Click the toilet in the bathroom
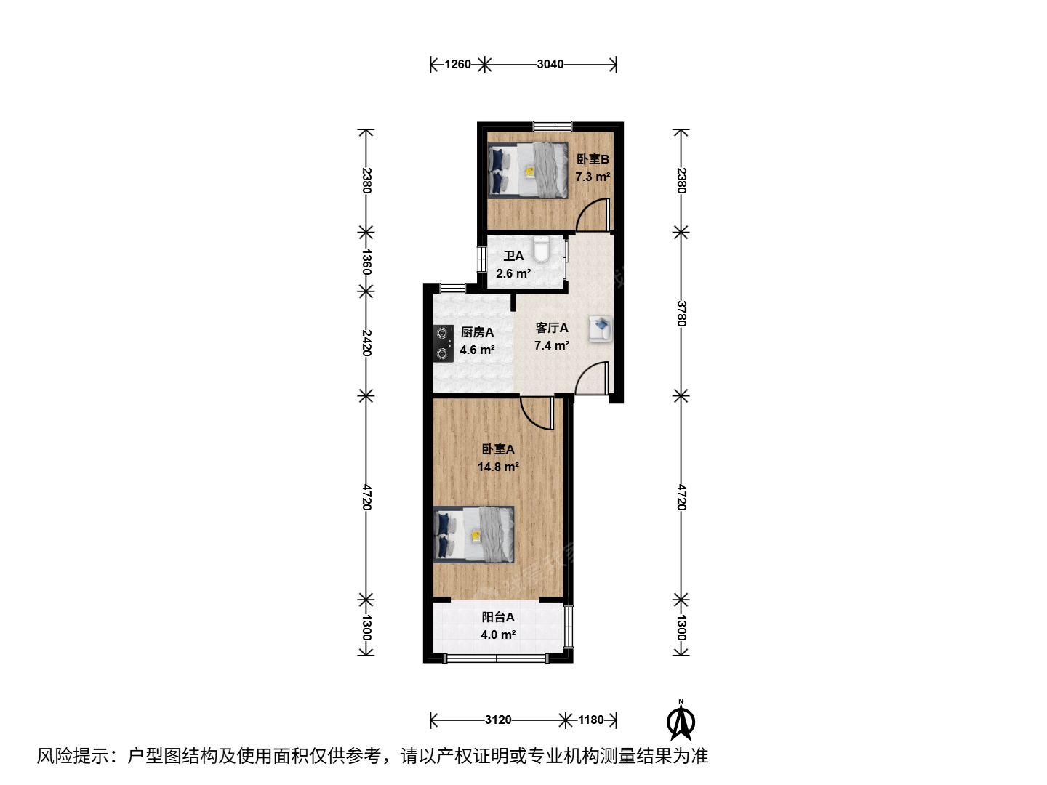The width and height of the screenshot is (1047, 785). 542,249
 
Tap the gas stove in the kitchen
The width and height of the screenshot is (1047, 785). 443,344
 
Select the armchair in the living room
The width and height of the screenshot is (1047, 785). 601,329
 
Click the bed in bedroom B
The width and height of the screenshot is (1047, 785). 528,169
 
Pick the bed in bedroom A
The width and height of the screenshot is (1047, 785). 473,534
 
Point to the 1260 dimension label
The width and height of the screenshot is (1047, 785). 457,65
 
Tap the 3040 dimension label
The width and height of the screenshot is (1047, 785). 550,65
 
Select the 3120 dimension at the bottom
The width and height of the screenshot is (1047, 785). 498,720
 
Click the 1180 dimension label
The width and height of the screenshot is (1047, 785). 591,720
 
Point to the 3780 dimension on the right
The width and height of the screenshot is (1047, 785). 681,313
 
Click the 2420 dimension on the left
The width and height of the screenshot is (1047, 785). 366,342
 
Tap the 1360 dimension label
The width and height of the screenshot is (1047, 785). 366,262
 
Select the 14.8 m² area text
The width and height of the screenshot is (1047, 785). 498,467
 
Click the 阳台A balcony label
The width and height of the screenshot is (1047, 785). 498,617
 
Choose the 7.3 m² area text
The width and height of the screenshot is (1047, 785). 593,177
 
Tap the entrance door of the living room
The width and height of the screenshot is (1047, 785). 593,378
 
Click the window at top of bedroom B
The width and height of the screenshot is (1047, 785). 553,126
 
